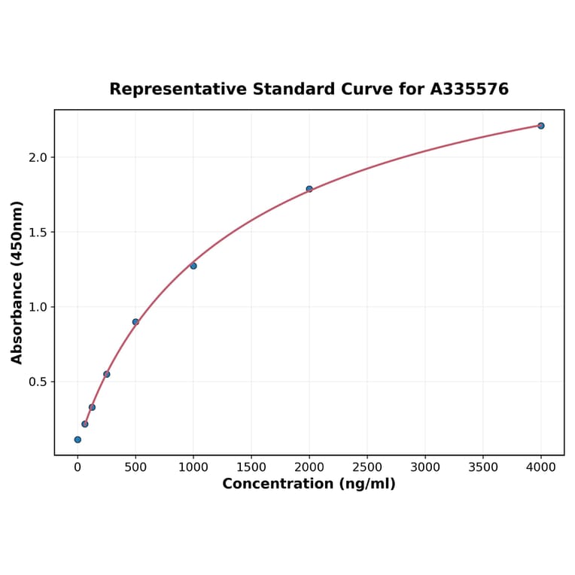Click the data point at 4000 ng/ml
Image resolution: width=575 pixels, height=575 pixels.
point(541,126)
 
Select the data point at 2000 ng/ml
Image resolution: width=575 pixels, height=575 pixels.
point(309,189)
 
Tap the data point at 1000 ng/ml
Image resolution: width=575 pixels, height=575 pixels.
point(193,266)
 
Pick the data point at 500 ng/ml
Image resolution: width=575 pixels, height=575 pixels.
point(135,322)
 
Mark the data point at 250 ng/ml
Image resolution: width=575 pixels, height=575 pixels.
point(107,374)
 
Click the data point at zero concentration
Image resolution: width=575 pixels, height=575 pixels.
point(78,440)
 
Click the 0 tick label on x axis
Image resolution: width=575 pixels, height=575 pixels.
point(78,467)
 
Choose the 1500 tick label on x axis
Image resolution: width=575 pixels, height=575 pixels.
point(251,467)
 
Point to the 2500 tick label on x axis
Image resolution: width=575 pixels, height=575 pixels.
point(367,467)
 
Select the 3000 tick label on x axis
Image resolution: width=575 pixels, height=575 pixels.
point(425,467)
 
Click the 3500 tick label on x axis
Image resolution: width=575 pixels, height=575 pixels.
point(483,467)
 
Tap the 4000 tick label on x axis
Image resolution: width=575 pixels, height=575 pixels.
point(541,467)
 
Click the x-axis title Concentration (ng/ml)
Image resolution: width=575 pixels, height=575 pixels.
point(309,484)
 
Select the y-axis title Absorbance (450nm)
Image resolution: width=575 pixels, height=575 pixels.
point(17,282)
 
